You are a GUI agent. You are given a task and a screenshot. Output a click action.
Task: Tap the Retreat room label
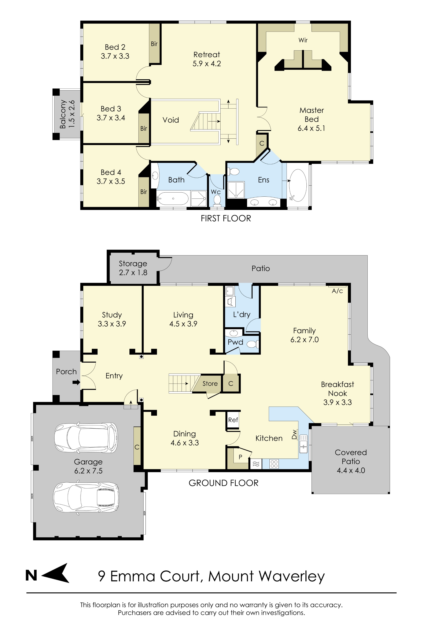pos(207,55)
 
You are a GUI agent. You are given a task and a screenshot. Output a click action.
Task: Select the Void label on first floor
pos(170,120)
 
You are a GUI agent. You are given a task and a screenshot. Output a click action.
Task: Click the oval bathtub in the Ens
pos(298,185)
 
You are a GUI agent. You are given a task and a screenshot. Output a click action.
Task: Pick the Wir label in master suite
pos(303,40)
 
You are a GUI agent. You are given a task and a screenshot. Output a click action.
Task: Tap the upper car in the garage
pos(86,438)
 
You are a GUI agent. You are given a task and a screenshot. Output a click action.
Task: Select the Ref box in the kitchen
pos(233,420)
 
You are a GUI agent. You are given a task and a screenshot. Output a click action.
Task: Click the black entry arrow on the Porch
pos(76,382)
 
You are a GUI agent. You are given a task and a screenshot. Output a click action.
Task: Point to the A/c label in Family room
pos(337,291)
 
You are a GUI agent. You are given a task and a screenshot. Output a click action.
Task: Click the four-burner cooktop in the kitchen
pos(274,464)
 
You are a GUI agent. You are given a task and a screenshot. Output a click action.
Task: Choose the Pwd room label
pos(235,342)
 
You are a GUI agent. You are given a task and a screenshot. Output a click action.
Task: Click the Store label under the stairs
pos(210,383)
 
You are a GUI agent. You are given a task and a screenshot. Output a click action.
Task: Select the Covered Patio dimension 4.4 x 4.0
pos(351,470)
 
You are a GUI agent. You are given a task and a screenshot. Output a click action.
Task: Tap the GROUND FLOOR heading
pos(223,483)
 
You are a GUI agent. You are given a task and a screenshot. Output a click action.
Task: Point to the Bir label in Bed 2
pos(154,44)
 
